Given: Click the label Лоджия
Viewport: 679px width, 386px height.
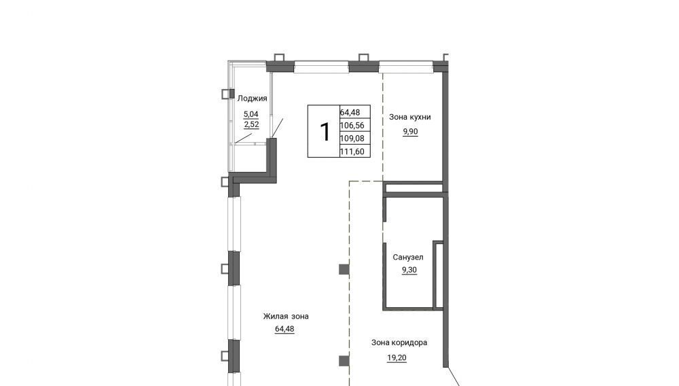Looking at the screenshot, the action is pos(252,99).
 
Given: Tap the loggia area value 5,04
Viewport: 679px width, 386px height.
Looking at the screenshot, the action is pos(251,114).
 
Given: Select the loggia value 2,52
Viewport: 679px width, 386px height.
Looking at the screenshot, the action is pos(252,125).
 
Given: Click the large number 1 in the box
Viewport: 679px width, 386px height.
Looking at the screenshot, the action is pos(325,131).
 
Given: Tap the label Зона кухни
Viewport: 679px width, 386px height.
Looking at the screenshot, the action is pos(409,117).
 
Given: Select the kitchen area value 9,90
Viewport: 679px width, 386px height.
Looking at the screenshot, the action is pos(411,132).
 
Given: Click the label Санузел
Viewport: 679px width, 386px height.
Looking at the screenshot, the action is pos(408,258).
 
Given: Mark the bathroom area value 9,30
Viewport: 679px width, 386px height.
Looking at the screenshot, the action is pos(409,270).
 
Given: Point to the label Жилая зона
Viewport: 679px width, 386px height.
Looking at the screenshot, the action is pos(286,316).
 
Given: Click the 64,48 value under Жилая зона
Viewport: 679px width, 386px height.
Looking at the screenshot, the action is pos(285,329).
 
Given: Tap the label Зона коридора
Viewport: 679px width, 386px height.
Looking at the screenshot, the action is pos(399,343).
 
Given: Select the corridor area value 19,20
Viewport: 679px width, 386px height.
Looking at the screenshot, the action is pos(397,358).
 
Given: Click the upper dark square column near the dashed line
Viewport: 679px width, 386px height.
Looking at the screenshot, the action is pos(344,270).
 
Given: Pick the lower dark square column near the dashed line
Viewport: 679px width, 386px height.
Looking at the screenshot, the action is pos(344,360).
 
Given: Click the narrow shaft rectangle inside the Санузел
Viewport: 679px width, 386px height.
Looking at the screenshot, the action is pos(439,275).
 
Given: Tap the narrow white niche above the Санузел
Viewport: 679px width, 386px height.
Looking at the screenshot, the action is pos(414,188).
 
